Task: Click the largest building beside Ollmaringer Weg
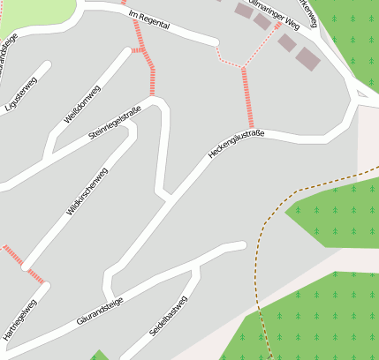307,59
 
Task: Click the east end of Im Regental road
214,41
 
